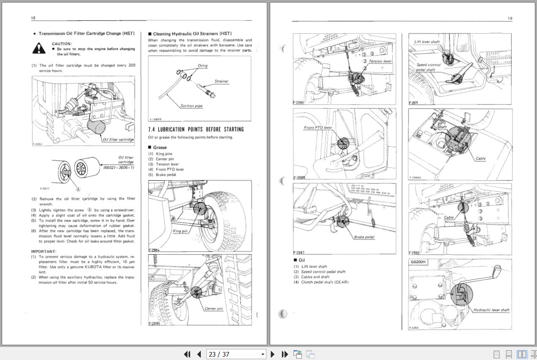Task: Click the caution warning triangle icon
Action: (x=39, y=49)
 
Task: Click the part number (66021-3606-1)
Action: (x=119, y=168)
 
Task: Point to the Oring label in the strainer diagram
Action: (x=203, y=66)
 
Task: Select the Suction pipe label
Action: (x=192, y=106)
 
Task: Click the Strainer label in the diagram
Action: (x=221, y=81)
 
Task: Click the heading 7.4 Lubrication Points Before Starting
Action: (x=196, y=129)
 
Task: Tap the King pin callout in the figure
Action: (x=180, y=231)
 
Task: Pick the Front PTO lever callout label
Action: (x=318, y=127)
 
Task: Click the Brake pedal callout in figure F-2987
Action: (x=364, y=237)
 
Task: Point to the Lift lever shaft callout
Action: (x=427, y=42)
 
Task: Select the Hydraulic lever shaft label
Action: (x=491, y=310)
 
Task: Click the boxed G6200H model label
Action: (x=419, y=262)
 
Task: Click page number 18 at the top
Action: (x=33, y=18)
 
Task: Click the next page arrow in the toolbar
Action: (x=273, y=354)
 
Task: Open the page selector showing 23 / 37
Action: (x=236, y=354)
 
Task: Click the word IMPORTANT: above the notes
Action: (x=44, y=251)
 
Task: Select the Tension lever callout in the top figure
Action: (x=380, y=61)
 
